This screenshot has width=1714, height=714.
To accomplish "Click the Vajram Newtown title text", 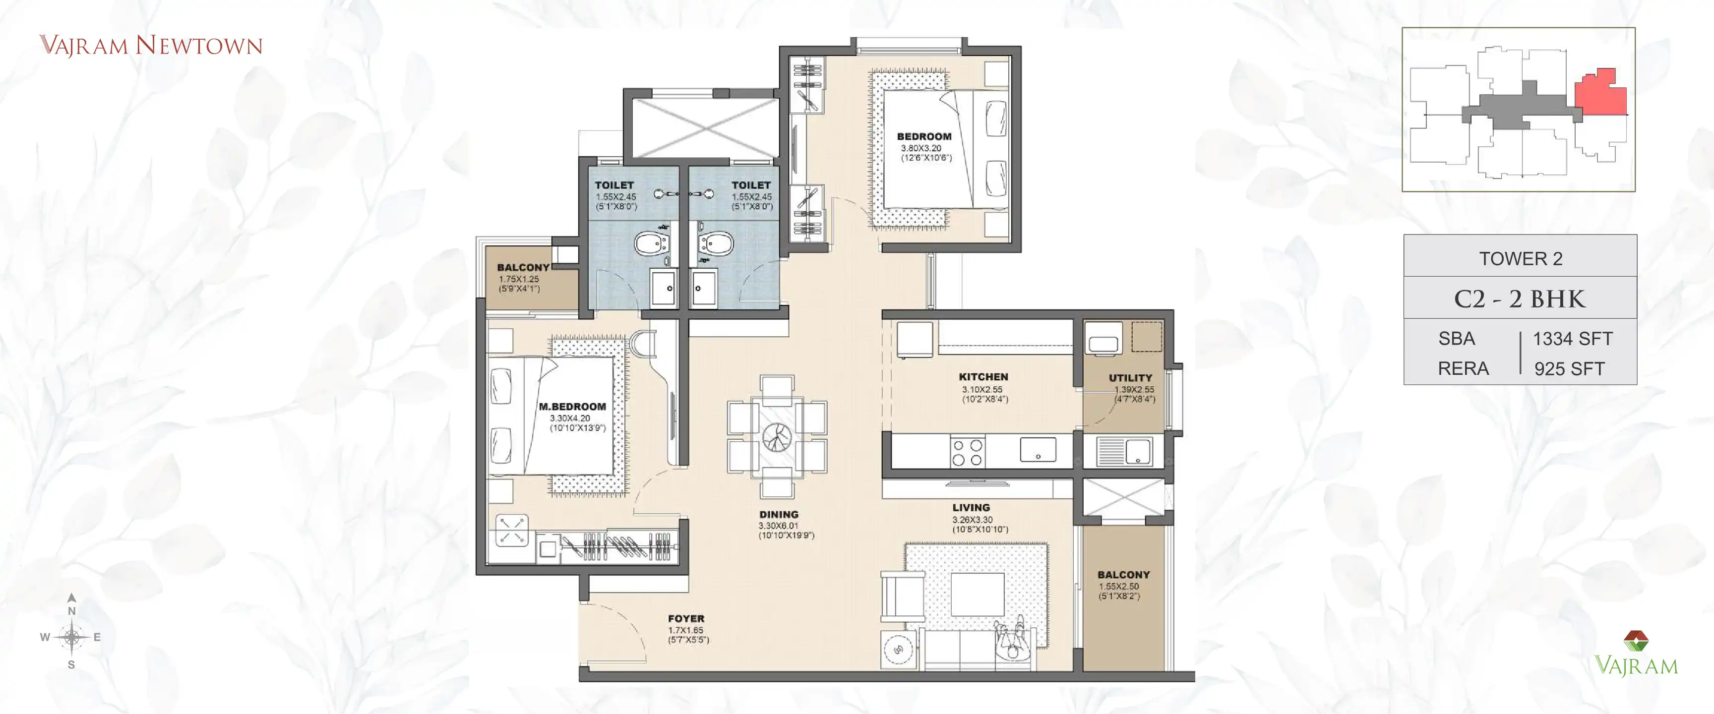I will point(151,45).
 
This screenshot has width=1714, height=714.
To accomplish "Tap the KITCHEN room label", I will point(983,377).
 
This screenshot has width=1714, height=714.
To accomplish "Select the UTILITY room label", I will point(1130,377).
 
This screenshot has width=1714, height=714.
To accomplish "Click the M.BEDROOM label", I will point(572,406).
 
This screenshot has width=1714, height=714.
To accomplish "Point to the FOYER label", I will point(686,618).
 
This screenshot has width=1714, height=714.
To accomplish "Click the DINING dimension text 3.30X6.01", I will point(779,526).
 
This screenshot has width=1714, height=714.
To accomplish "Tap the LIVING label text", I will point(971,507).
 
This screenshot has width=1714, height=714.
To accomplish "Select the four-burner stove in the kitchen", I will point(967,452).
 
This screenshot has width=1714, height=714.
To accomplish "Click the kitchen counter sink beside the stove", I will point(1038,450).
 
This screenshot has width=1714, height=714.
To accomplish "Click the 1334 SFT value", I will point(1572,339).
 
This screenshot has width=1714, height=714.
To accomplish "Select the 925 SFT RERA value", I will point(1569,368).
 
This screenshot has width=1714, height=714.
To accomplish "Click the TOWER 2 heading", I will point(1521,258).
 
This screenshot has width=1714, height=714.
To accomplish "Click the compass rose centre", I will point(71,637).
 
